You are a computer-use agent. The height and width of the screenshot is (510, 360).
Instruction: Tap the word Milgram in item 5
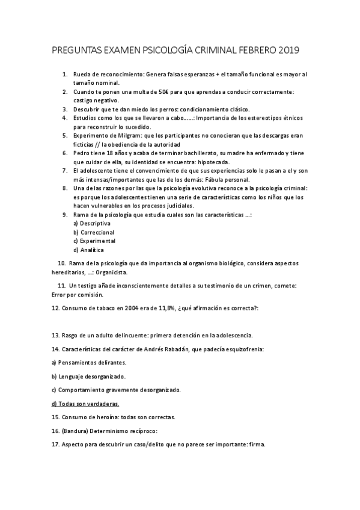(124, 135)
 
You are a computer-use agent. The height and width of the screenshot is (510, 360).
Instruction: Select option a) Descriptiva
(91, 223)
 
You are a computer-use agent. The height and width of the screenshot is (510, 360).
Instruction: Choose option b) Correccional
(94, 232)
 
